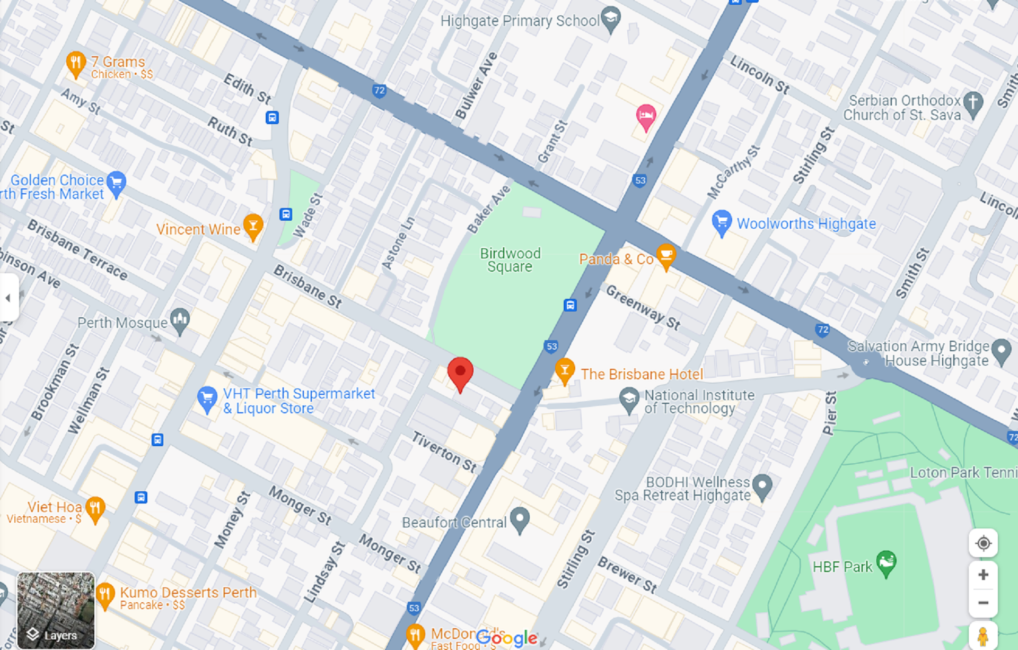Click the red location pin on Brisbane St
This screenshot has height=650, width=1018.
[460, 373]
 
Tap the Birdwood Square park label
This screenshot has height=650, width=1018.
[510, 260]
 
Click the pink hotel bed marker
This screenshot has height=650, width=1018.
[646, 116]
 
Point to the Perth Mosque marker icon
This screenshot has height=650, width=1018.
[180, 320]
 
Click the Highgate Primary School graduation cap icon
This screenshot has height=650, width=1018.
[611, 19]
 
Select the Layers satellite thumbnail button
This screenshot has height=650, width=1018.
[56, 610]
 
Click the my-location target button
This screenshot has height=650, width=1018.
[983, 543]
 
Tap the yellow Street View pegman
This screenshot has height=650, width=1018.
[982, 636]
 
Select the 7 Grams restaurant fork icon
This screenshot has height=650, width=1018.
[76, 63]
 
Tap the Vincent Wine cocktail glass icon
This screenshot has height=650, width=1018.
[253, 226]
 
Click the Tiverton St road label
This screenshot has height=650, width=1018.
[444, 452]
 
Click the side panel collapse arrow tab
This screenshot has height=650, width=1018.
[8, 298]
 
